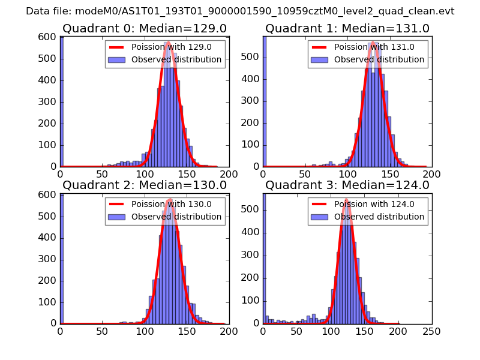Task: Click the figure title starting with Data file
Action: (x=240, y=11)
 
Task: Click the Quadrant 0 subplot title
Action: (x=145, y=28)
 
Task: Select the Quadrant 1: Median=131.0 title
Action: (x=347, y=28)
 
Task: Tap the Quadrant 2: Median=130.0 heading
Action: (x=145, y=185)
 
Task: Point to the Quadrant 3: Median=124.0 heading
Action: (x=347, y=185)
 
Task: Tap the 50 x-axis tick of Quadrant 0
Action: (x=102, y=174)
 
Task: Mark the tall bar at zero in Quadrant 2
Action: (x=62, y=258)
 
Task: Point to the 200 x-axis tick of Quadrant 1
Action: (x=431, y=174)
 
